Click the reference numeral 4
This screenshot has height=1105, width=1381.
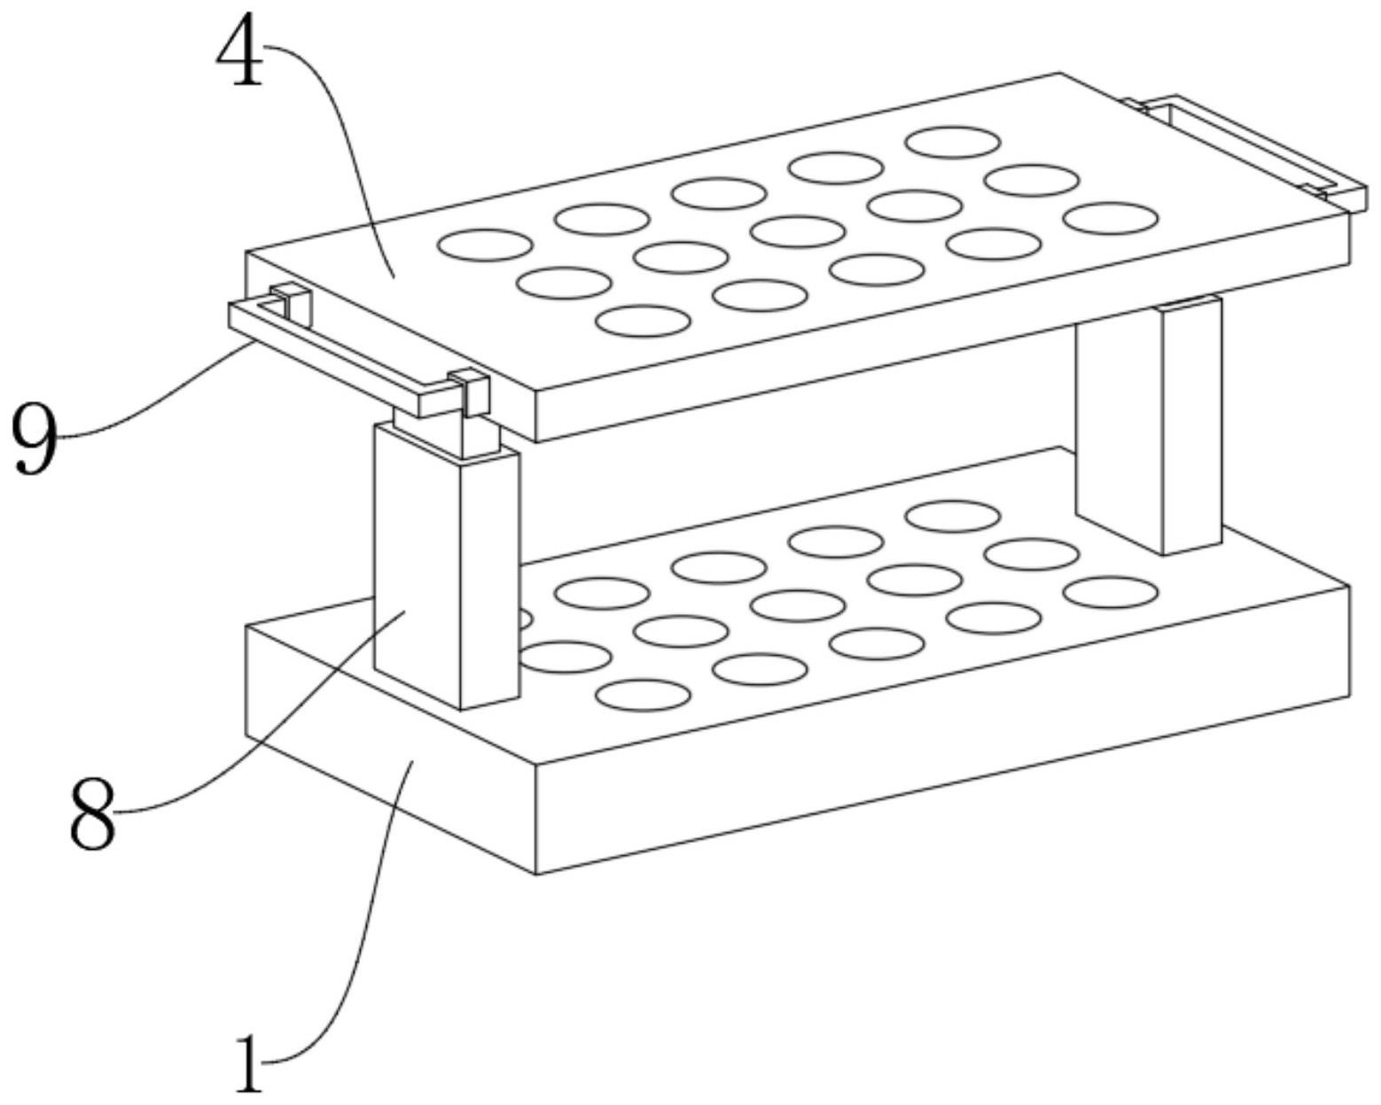point(239,55)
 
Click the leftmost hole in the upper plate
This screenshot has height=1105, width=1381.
point(486,245)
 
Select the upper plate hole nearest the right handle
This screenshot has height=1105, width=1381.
point(1112,218)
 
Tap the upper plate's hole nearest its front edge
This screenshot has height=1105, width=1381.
point(643,321)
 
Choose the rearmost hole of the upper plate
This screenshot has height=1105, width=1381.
point(953,142)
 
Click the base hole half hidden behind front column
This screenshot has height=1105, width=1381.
point(525,619)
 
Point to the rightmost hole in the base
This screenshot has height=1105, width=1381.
point(1111,592)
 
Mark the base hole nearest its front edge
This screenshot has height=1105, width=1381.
point(643,695)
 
